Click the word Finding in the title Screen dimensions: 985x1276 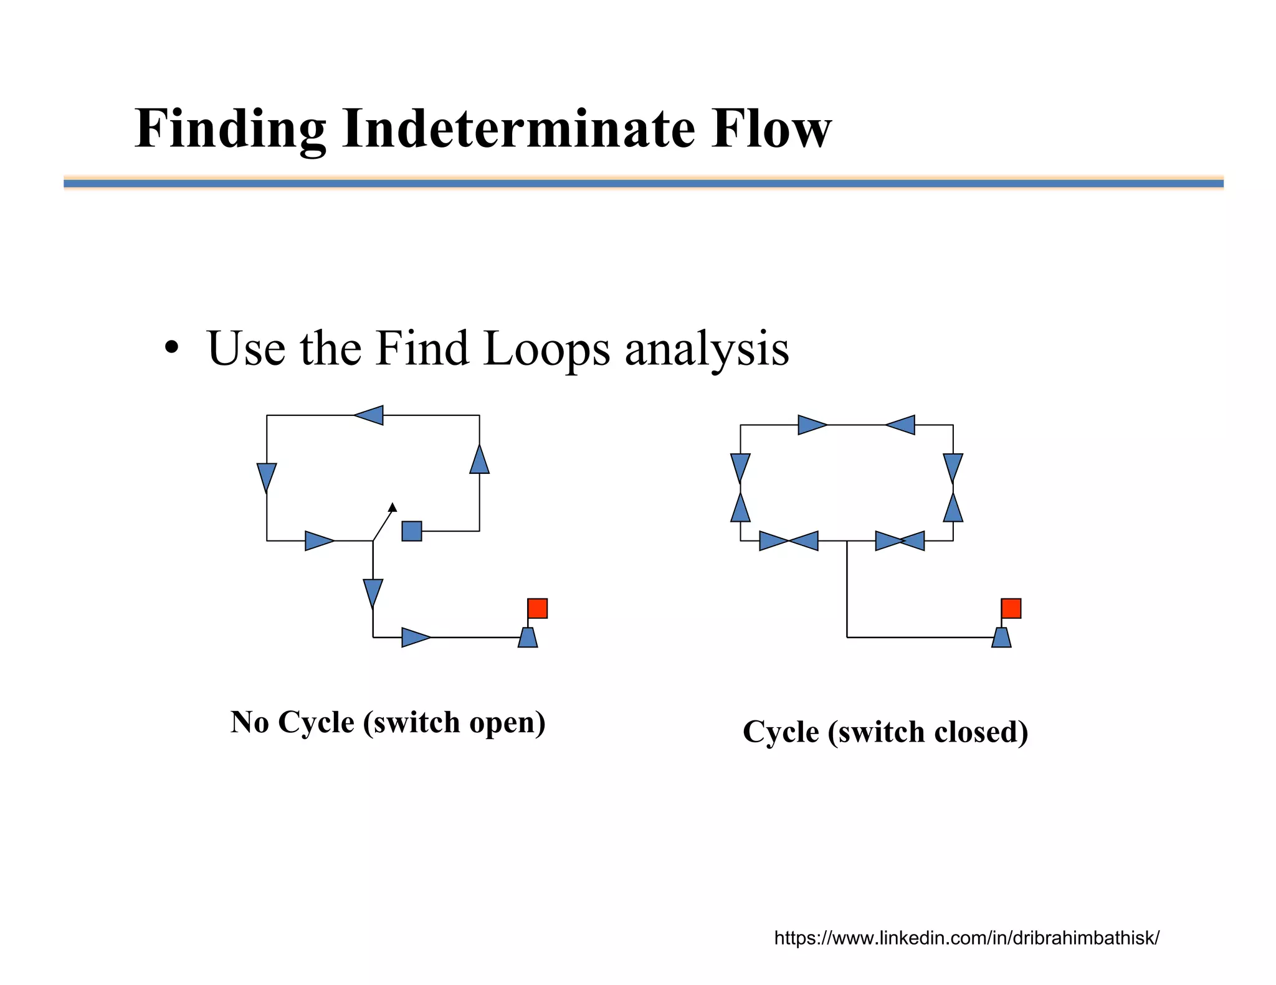click(x=230, y=129)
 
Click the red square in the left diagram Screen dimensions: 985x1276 click(x=537, y=608)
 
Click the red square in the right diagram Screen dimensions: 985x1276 click(x=1011, y=608)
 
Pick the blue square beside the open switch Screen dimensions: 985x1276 click(x=411, y=531)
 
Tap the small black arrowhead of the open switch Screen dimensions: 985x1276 click(x=393, y=507)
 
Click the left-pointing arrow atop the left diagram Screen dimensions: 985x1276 click(x=369, y=415)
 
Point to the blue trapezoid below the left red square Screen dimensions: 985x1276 click(x=528, y=638)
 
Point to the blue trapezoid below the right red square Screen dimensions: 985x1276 click(x=1001, y=638)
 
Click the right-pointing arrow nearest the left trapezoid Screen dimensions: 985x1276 click(x=415, y=638)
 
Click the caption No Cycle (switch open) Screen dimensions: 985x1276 click(x=388, y=722)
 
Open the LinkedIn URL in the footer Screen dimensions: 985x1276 click(x=966, y=938)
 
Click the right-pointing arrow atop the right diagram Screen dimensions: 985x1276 click(x=812, y=425)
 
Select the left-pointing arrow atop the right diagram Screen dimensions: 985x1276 click(x=901, y=425)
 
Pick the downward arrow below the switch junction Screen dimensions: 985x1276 click(x=373, y=593)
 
